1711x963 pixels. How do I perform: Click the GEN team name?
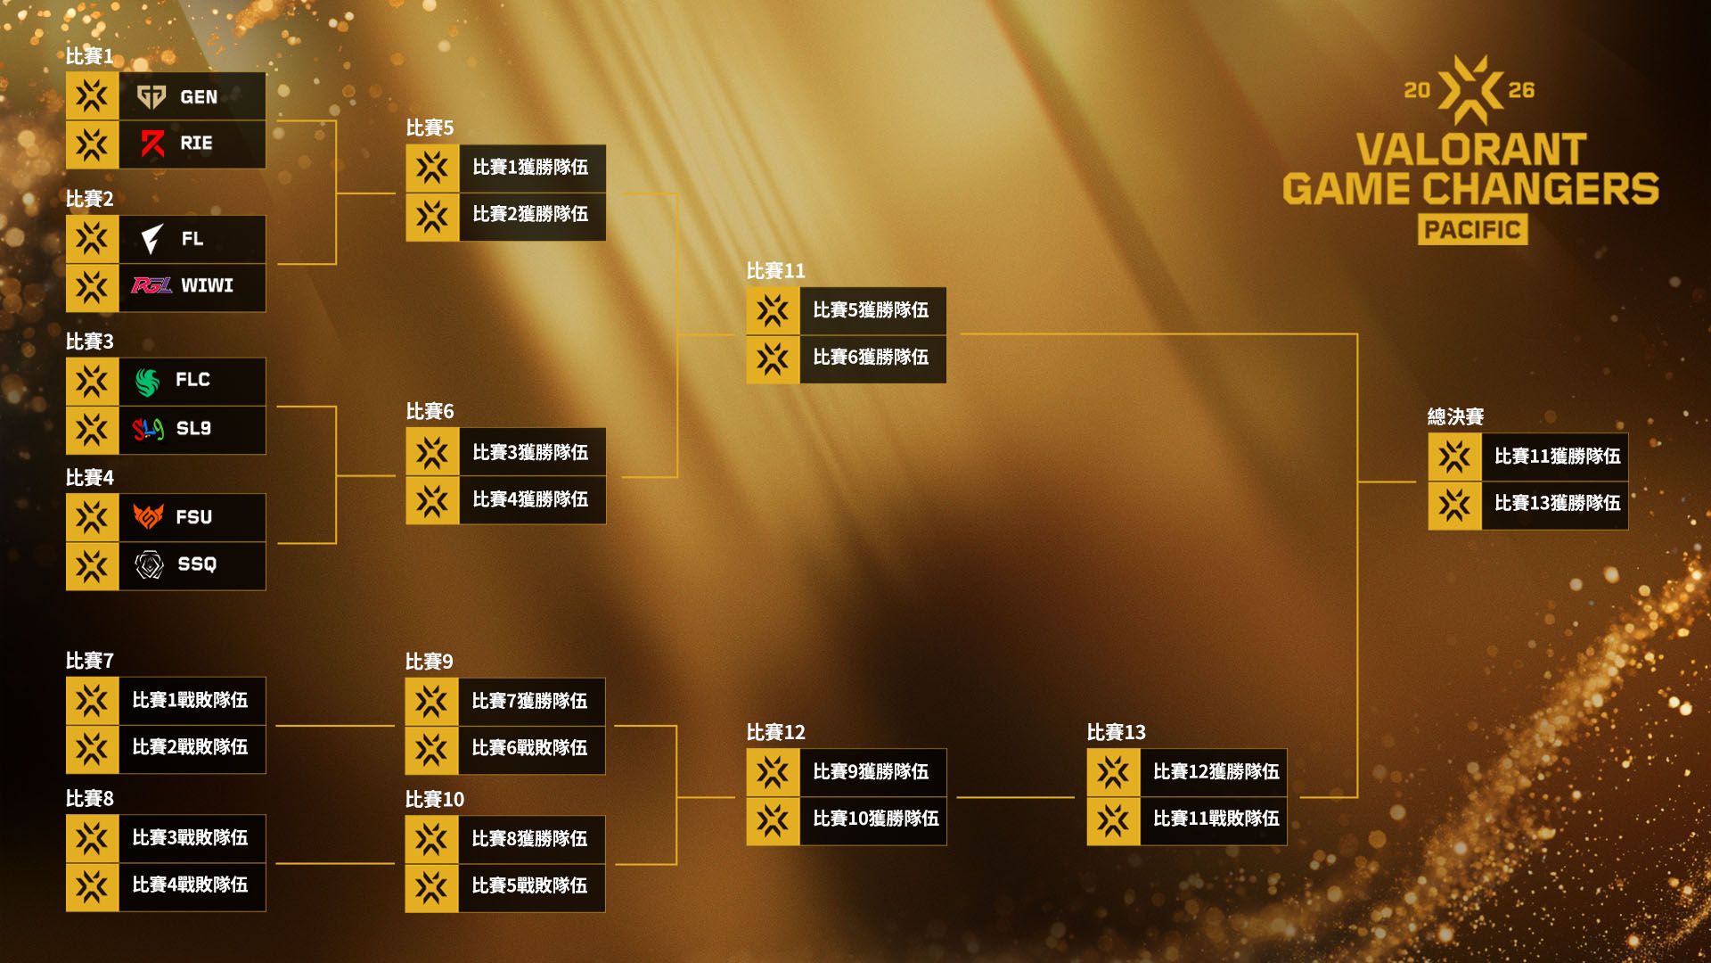tap(199, 96)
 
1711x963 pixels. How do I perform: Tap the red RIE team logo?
tap(152, 144)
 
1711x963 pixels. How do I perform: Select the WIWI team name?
tap(207, 285)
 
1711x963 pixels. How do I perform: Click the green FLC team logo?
tap(148, 381)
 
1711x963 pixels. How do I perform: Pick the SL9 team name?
tap(193, 428)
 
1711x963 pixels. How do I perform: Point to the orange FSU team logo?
tap(148, 516)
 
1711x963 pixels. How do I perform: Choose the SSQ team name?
tap(197, 564)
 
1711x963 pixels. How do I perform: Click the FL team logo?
tap(151, 238)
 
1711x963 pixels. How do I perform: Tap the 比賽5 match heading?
tap(430, 128)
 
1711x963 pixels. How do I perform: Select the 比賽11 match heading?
tap(775, 270)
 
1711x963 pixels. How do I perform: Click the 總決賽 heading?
tap(1455, 416)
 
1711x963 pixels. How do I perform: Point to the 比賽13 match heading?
tap(1116, 732)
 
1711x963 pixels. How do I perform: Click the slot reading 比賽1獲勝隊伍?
tap(505, 168)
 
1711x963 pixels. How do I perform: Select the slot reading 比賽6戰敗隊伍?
tap(505, 749)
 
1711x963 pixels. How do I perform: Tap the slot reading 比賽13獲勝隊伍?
tap(1527, 504)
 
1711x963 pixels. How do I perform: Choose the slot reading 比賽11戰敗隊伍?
tap(1186, 819)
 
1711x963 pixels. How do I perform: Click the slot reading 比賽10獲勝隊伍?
tap(846, 819)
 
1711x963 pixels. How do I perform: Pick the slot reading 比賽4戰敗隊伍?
tap(166, 886)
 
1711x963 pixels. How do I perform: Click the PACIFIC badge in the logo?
tap(1472, 229)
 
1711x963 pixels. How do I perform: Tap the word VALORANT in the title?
tap(1471, 149)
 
